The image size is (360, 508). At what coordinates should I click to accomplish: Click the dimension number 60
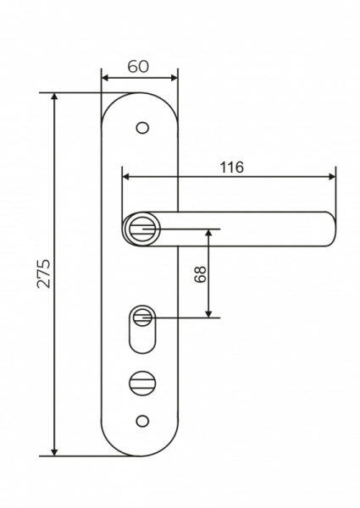139,66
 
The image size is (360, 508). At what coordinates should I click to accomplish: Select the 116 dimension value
231,167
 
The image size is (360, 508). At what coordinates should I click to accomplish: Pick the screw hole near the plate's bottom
141,420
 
